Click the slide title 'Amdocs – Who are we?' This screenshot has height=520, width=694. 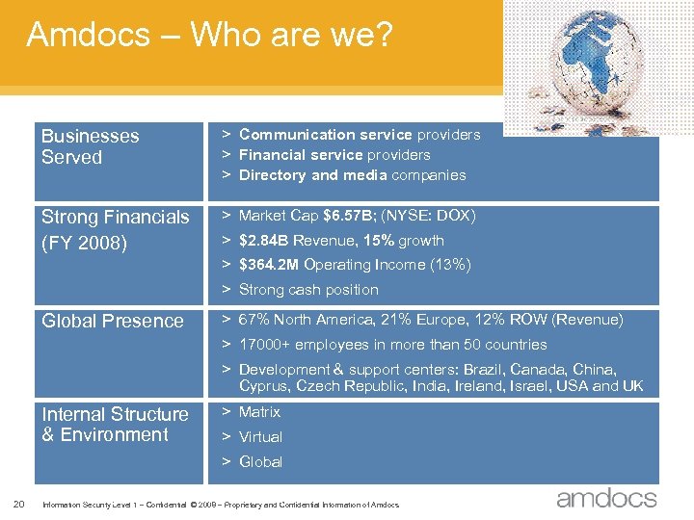click(x=209, y=36)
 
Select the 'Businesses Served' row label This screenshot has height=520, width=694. click(x=90, y=146)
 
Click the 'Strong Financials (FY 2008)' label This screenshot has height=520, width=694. click(x=115, y=229)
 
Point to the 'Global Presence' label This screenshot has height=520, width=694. click(x=112, y=321)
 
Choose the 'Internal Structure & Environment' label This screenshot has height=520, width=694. click(x=115, y=425)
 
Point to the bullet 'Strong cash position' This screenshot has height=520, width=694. click(x=308, y=290)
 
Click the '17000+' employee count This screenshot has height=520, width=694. click(x=264, y=345)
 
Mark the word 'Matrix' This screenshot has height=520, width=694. click(x=259, y=412)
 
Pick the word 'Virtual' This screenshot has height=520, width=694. click(x=260, y=437)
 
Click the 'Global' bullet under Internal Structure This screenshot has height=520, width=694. click(x=260, y=462)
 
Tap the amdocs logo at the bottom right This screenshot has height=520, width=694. click(x=605, y=498)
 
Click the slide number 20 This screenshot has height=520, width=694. click(x=19, y=501)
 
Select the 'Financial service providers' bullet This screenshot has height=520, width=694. click(x=334, y=155)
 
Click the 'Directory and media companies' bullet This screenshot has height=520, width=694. click(x=352, y=175)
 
